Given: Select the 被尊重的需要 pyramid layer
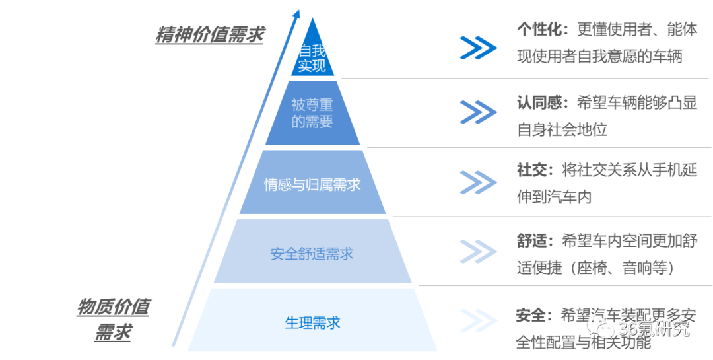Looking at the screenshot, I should click(312, 113).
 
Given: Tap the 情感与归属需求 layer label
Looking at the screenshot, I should click(312, 184).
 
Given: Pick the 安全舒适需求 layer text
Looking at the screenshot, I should click(312, 254).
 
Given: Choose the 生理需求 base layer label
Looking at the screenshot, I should click(312, 323).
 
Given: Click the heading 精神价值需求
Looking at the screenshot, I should click(209, 35).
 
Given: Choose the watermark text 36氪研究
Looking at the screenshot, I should click(654, 328).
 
